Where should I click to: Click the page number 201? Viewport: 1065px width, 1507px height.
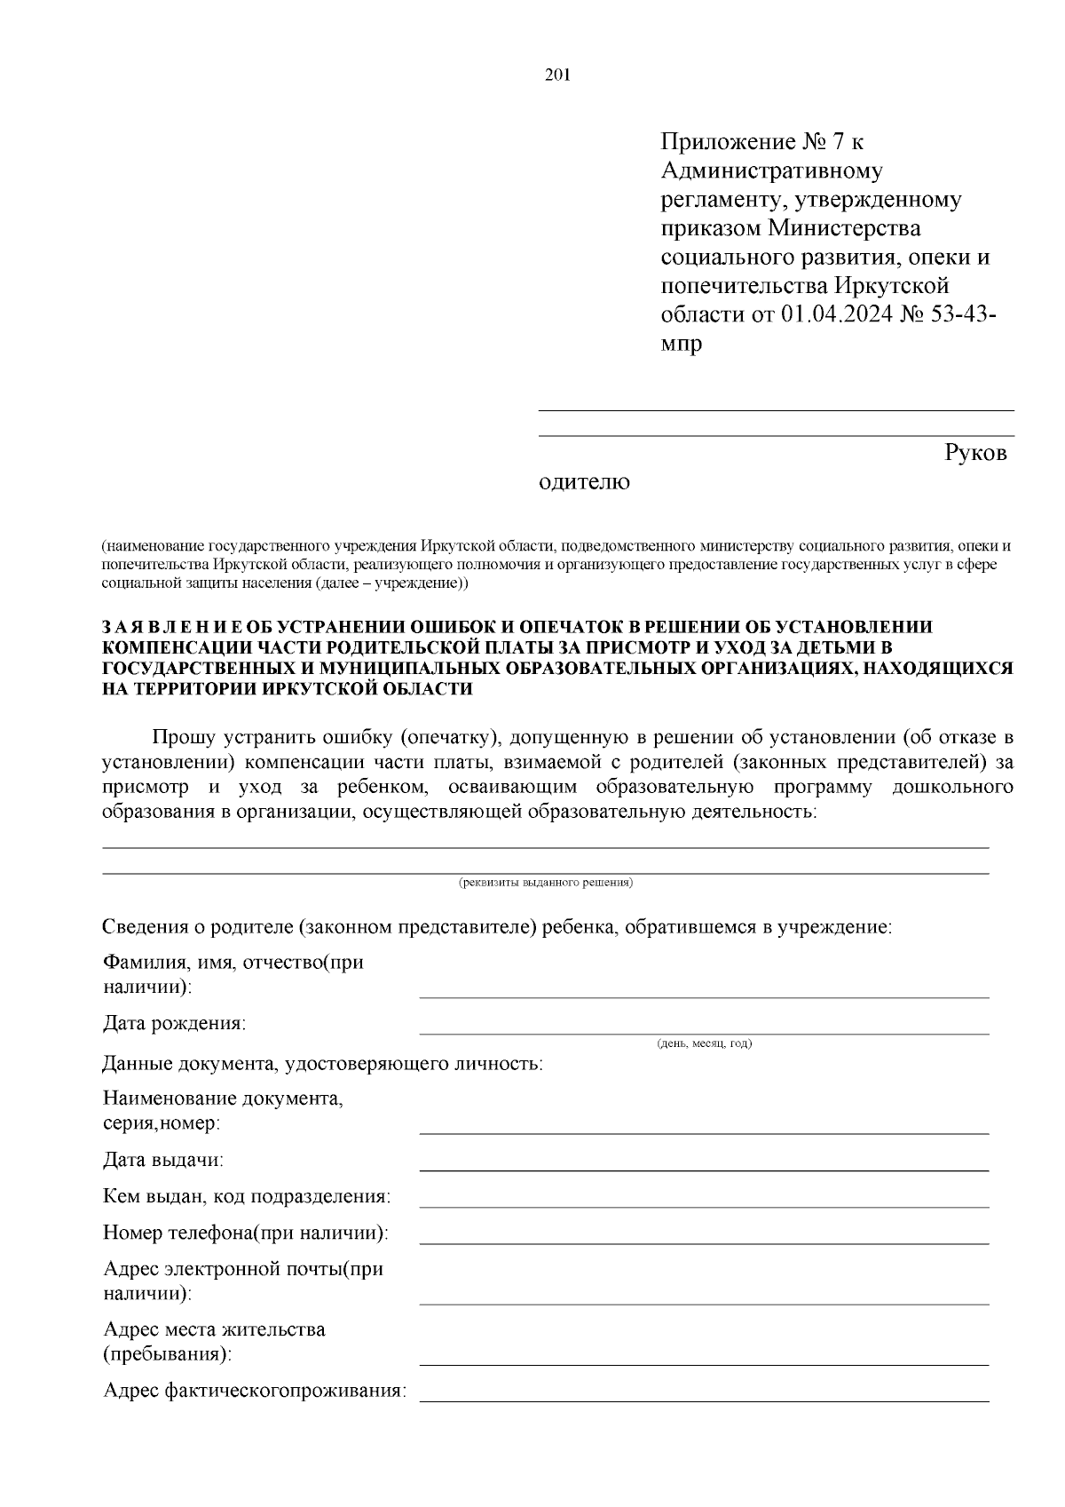(x=556, y=75)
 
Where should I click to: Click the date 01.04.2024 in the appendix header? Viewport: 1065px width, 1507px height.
(x=838, y=314)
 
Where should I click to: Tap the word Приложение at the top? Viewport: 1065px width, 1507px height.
(x=729, y=141)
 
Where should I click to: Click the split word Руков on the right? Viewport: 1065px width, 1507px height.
(x=975, y=453)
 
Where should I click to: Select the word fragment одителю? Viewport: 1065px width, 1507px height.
(x=585, y=482)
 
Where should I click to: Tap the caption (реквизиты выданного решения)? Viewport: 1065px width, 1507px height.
(x=545, y=883)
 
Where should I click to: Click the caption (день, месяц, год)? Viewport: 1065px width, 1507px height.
(x=704, y=1043)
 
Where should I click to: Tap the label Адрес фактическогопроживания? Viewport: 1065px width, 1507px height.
(x=255, y=1391)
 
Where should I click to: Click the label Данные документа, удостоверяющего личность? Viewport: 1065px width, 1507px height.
(x=322, y=1064)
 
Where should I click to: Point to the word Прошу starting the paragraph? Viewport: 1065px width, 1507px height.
(x=185, y=737)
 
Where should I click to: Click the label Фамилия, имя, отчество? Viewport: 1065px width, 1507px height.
(x=233, y=963)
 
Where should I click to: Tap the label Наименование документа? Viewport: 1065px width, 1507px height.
(x=223, y=1099)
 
